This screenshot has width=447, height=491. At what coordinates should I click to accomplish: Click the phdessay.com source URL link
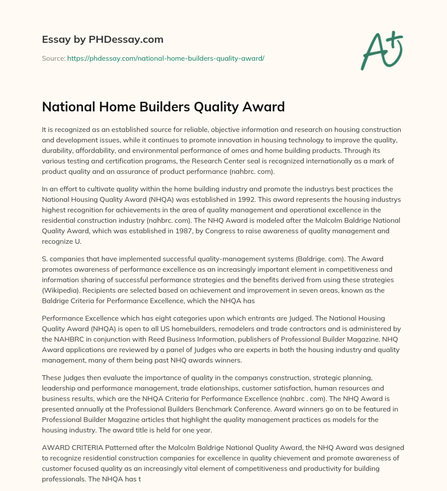coord(165,58)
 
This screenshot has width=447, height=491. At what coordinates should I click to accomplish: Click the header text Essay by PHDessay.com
coord(103,40)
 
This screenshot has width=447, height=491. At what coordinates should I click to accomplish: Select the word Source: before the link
coord(53,58)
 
